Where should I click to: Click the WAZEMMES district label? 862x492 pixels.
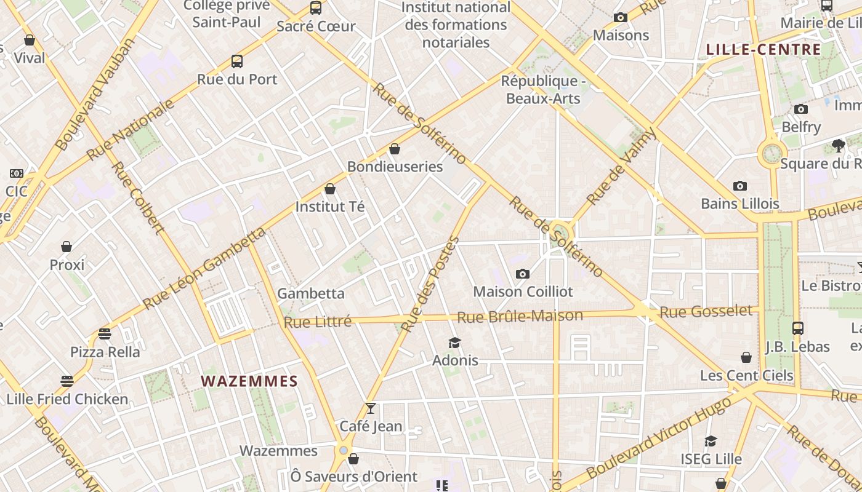pos(249,381)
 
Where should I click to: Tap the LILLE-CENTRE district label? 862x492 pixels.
pos(763,50)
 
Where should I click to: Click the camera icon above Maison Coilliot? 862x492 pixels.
pos(523,274)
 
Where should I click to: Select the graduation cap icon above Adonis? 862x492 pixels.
pos(454,343)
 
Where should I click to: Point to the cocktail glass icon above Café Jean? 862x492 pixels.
pos(370,408)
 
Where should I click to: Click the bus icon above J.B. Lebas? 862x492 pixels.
pos(797,328)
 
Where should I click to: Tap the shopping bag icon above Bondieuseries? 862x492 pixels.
pos(395,149)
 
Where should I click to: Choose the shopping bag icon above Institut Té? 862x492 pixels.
pos(330,189)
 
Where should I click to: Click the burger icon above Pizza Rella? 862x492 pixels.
pos(105,334)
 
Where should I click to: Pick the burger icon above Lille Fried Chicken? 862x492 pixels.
pos(66,381)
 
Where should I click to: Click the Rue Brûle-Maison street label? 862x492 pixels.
pos(520,317)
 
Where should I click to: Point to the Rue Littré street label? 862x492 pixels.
pos(318,322)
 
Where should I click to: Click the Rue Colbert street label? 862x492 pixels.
pos(138,198)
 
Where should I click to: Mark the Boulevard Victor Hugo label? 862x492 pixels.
pos(659,437)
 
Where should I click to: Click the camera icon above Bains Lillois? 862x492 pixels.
pos(739,186)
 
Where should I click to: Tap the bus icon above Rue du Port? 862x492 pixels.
pos(237,61)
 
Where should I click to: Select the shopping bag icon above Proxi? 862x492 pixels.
pos(66,247)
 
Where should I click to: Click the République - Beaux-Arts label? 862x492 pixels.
pos(543,90)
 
